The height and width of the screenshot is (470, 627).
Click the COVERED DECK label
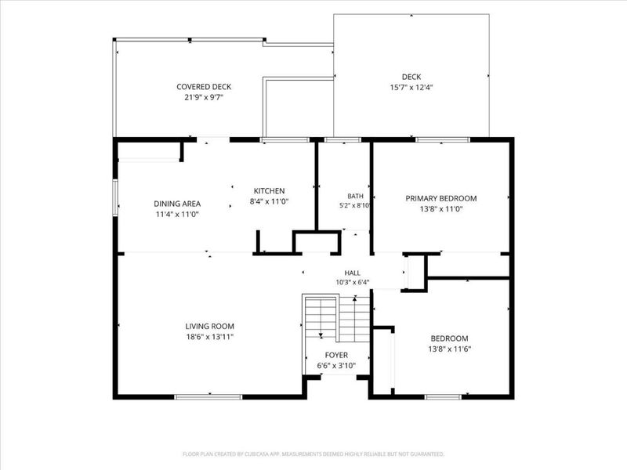(x=204, y=87)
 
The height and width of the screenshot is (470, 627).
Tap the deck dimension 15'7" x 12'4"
(x=411, y=87)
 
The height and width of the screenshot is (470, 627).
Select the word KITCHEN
(x=269, y=191)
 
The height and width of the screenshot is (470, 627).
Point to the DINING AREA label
(x=177, y=204)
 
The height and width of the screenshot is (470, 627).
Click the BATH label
(x=356, y=197)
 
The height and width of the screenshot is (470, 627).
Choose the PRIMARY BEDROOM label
(x=441, y=198)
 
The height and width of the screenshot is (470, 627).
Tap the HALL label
(x=352, y=273)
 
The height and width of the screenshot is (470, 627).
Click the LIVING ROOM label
(x=209, y=326)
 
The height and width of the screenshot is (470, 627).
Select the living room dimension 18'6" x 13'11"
(x=209, y=337)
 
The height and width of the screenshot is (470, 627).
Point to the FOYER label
(x=336, y=355)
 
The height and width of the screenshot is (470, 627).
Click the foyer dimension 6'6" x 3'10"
(x=336, y=365)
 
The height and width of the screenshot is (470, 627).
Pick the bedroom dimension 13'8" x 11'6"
(x=449, y=349)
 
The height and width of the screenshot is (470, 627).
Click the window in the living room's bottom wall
(x=208, y=397)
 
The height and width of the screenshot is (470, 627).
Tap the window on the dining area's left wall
(x=115, y=198)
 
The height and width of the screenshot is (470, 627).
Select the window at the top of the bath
(x=342, y=140)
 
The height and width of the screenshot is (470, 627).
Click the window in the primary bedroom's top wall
(x=443, y=140)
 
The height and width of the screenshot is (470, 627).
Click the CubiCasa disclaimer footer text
(x=313, y=454)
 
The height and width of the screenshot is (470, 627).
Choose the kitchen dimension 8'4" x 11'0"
(x=269, y=201)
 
